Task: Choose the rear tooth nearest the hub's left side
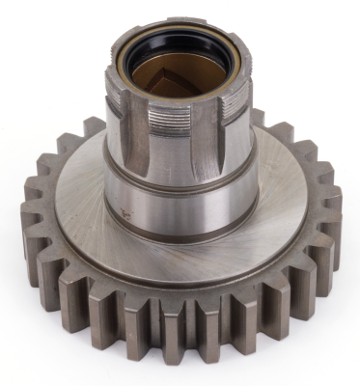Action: coord(93,126)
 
